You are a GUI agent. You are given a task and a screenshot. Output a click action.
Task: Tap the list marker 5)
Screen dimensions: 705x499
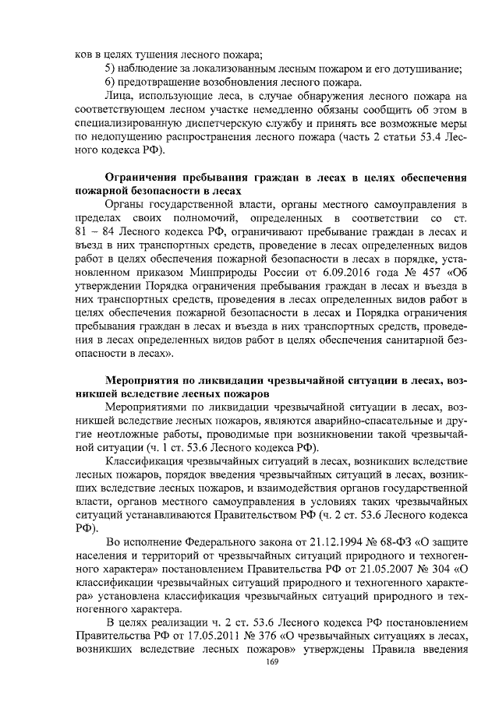(x=111, y=68)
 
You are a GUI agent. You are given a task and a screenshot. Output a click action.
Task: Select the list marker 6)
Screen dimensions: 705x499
(x=111, y=82)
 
